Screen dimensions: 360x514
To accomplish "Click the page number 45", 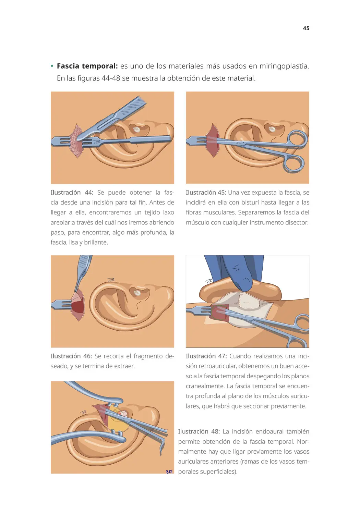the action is [306, 28].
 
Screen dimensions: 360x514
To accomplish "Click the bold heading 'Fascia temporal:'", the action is [87, 66].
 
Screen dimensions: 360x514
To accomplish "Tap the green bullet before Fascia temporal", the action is [52, 66].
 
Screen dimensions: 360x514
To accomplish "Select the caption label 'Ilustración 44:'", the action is [72, 192].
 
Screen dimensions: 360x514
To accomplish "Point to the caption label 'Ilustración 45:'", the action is [206, 192].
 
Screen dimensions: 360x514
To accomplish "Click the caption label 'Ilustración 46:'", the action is [71, 356].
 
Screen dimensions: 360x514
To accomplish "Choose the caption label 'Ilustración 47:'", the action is [206, 356].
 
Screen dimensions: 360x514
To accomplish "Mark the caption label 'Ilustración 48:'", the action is [199, 431].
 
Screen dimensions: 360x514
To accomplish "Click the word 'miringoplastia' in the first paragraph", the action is [284, 66].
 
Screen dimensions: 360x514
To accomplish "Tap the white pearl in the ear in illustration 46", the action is [137, 293].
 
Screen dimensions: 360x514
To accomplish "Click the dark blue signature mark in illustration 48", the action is [169, 472].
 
